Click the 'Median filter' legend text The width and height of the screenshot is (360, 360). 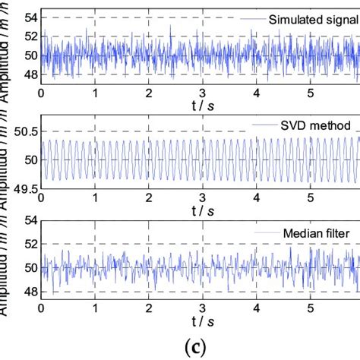point(325,232)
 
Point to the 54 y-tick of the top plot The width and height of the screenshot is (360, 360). point(27,15)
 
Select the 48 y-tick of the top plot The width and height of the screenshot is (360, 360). point(27,75)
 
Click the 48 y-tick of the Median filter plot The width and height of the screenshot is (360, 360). point(27,292)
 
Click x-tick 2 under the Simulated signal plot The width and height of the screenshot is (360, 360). point(149,93)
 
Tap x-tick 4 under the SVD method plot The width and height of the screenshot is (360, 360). point(257,201)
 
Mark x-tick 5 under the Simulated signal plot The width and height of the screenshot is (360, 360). point(311,93)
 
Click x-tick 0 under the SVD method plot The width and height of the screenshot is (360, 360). point(41,201)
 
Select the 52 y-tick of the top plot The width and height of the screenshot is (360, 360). point(27,35)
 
